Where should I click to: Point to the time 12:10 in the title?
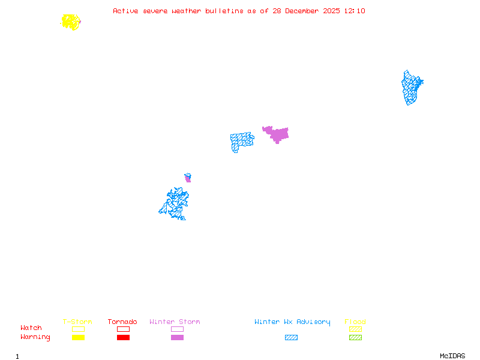pyautogui.click(x=354, y=11)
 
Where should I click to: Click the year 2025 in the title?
pyautogui.click(x=332, y=11)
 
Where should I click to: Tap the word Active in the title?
pyautogui.click(x=125, y=11)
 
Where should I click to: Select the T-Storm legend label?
pyautogui.click(x=77, y=322)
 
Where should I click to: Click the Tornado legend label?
pyautogui.click(x=122, y=322)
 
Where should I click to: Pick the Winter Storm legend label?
pyautogui.click(x=175, y=322)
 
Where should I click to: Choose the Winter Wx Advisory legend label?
pyautogui.click(x=292, y=322)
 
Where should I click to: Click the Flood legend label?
pyautogui.click(x=355, y=322)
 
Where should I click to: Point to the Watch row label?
pyautogui.click(x=31, y=328)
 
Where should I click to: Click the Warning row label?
pyautogui.click(x=35, y=337)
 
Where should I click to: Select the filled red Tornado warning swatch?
pyautogui.click(x=123, y=338)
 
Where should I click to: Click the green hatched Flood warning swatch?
pyautogui.click(x=355, y=338)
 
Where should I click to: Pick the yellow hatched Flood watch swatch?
pyautogui.click(x=355, y=329)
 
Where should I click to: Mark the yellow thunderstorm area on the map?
pyautogui.click(x=71, y=22)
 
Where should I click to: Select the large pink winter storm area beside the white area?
pyautogui.click(x=278, y=133)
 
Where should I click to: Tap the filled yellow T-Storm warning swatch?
pyautogui.click(x=78, y=338)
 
